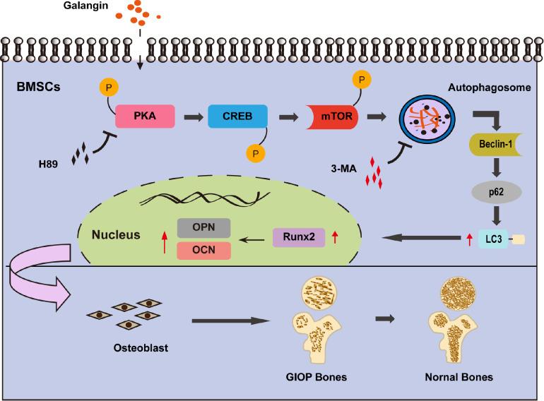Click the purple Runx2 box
pos(298,239)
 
